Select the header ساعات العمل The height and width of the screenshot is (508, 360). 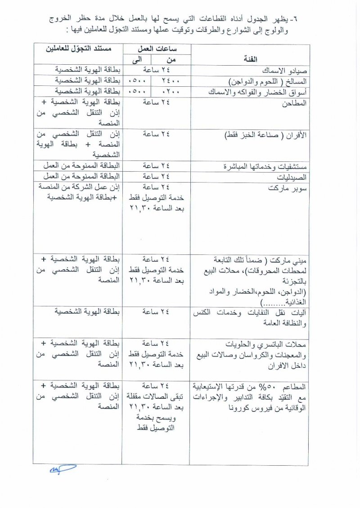pos(155,49)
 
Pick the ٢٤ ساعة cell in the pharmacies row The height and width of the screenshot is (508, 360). pos(156,176)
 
